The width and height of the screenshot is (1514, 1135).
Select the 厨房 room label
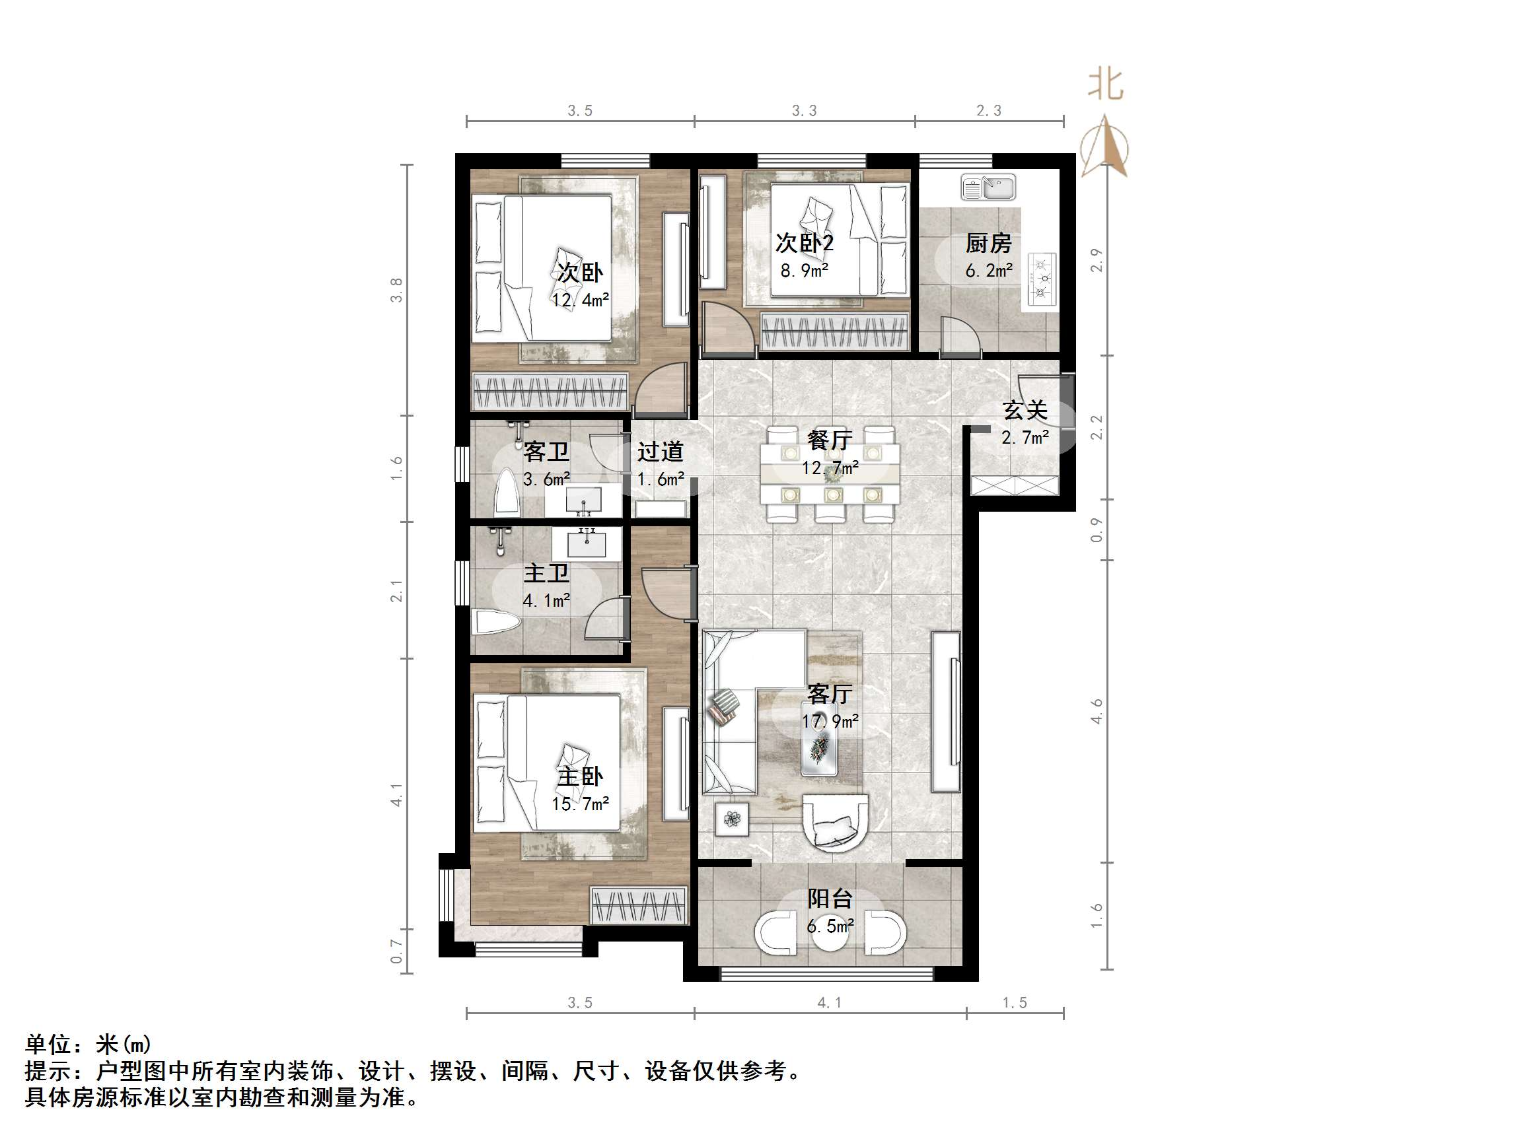pyautogui.click(x=988, y=243)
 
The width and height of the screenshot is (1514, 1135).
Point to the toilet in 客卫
pyautogui.click(x=507, y=491)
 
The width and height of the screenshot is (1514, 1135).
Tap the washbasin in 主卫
pyautogui.click(x=587, y=544)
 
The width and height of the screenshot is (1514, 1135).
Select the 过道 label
pyautogui.click(x=660, y=452)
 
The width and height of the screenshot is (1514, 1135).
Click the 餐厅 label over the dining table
pyautogui.click(x=829, y=440)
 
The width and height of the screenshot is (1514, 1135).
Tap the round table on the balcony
pyautogui.click(x=830, y=932)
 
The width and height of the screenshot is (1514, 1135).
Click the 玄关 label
pyautogui.click(x=1025, y=411)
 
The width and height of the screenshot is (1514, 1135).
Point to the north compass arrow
pyautogui.click(x=1104, y=147)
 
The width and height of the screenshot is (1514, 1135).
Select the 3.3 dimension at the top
pyautogui.click(x=804, y=111)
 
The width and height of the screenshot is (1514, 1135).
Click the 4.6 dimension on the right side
pyautogui.click(x=1097, y=711)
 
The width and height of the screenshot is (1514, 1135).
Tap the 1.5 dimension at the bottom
pyautogui.click(x=1015, y=1003)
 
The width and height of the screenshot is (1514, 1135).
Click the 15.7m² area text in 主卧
pyautogui.click(x=581, y=804)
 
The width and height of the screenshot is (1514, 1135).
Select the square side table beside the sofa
pyautogui.click(x=732, y=819)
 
